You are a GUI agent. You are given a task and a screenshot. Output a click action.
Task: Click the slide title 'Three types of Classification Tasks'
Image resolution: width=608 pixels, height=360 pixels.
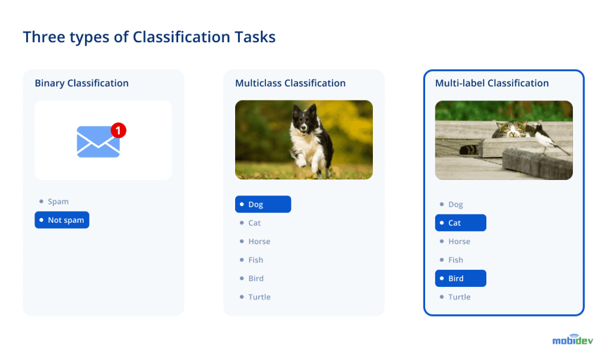click(149, 37)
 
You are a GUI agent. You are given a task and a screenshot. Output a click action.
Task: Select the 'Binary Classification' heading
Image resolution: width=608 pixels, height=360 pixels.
click(81, 83)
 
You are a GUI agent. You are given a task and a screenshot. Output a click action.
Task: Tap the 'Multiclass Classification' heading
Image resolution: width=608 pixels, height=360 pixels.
click(290, 83)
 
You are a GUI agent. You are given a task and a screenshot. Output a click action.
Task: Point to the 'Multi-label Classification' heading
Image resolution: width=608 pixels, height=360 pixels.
click(492, 83)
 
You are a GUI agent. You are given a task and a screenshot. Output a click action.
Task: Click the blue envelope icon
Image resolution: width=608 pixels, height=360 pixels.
click(98, 143)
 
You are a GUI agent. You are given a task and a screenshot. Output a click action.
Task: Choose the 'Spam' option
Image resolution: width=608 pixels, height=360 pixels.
click(58, 202)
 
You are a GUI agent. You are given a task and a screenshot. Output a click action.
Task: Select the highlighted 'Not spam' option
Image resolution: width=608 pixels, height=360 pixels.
click(62, 220)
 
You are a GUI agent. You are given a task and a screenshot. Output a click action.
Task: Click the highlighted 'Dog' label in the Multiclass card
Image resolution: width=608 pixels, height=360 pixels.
click(263, 204)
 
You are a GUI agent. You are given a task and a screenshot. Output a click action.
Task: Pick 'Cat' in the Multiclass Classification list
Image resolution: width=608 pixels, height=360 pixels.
click(254, 223)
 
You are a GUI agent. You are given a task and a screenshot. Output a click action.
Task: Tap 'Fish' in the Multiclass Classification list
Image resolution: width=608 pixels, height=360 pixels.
click(255, 260)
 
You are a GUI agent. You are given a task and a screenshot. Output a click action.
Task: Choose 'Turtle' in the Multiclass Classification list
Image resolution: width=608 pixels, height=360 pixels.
click(259, 297)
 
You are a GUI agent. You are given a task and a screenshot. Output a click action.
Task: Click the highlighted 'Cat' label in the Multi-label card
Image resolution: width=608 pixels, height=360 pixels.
click(460, 223)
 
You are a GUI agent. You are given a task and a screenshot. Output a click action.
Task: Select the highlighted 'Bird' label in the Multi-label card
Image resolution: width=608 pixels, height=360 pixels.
click(460, 279)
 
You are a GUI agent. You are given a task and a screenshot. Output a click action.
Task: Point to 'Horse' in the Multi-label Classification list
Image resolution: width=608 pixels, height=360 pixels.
click(459, 242)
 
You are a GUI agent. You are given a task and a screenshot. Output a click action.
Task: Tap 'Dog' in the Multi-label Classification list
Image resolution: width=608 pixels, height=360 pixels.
click(455, 204)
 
